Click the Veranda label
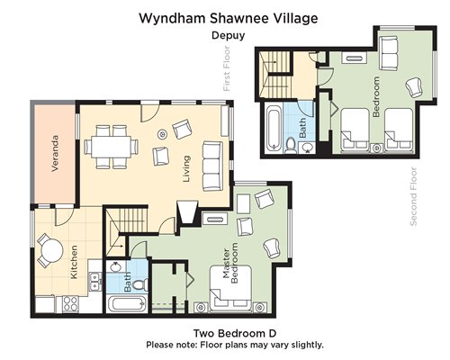tap(55, 154)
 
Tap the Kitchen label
tap(74, 262)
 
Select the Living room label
tap(186, 169)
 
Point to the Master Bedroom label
tap(230, 263)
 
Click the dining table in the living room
tap(112, 147)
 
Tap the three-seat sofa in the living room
tap(212, 166)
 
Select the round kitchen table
tap(51, 250)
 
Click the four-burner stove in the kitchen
tap(71, 303)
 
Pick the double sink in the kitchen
tap(95, 281)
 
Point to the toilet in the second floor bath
tap(291, 146)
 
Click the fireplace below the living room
tap(188, 212)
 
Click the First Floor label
tap(227, 68)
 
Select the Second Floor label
tap(413, 197)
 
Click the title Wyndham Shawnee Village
tap(229, 18)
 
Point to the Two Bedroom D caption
tap(235, 333)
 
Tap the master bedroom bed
tap(230, 288)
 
